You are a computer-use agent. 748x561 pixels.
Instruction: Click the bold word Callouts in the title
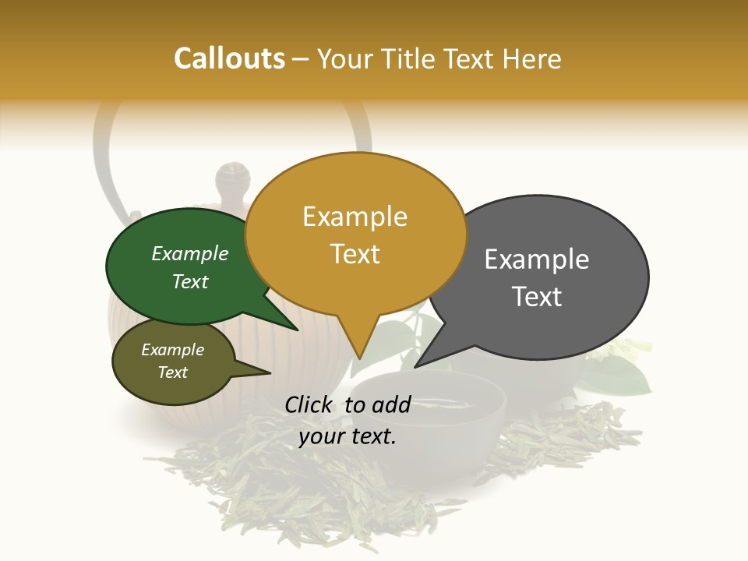(x=229, y=58)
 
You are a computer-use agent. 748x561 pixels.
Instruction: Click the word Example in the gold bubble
(x=355, y=217)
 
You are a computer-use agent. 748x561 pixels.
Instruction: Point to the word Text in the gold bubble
(x=355, y=254)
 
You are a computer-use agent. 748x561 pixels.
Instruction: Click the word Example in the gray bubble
(x=537, y=259)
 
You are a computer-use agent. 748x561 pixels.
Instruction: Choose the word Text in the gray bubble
(x=537, y=297)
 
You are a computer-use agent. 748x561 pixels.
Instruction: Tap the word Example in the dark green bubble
(x=190, y=254)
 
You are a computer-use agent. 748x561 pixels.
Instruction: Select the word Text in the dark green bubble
(x=190, y=281)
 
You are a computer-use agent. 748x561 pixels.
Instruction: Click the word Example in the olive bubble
(x=172, y=350)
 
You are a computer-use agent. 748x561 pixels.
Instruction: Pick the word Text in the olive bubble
(x=172, y=372)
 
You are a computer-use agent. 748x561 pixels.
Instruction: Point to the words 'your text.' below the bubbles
(x=348, y=436)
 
